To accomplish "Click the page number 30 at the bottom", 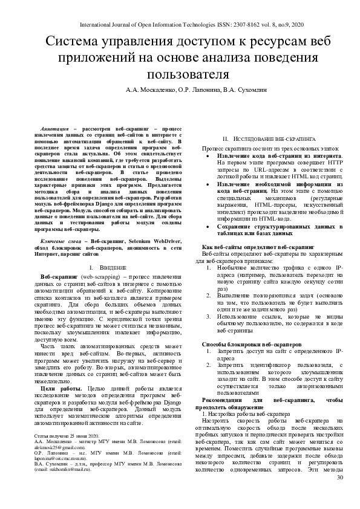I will pyautogui.click(x=339, y=495).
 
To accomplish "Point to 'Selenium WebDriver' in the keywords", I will pyautogui.click(x=144, y=241).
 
